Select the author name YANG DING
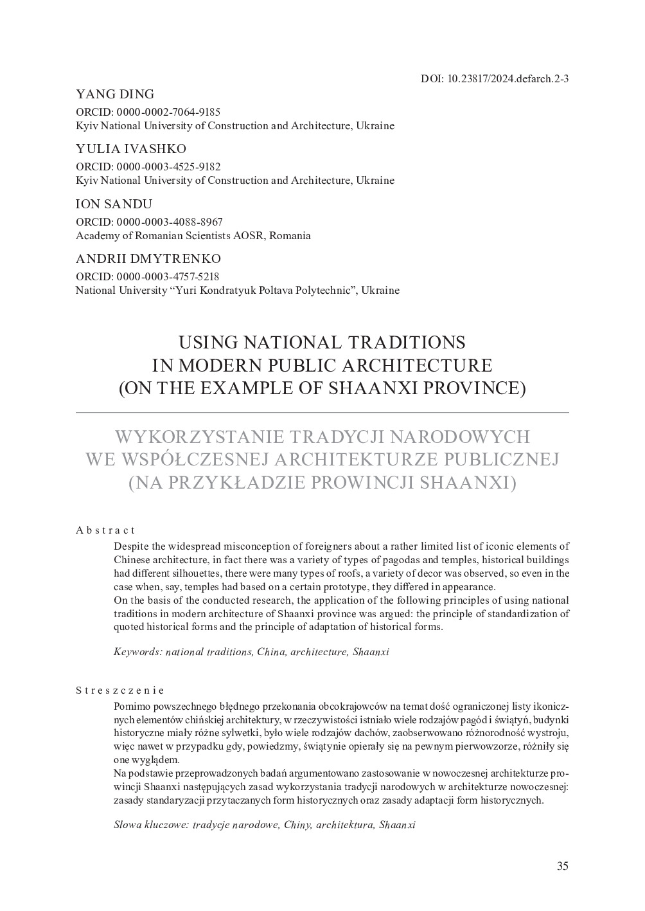115,95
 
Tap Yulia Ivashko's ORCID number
168,167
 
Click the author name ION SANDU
114,204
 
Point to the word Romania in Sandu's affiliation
290,235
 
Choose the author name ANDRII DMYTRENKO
148,258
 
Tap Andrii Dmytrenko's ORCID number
168,276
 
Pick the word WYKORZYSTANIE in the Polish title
197,437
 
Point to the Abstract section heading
105,530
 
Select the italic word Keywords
137,651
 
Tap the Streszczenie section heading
119,690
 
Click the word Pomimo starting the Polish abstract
130,706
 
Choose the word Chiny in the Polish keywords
297,824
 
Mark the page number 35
562,866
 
